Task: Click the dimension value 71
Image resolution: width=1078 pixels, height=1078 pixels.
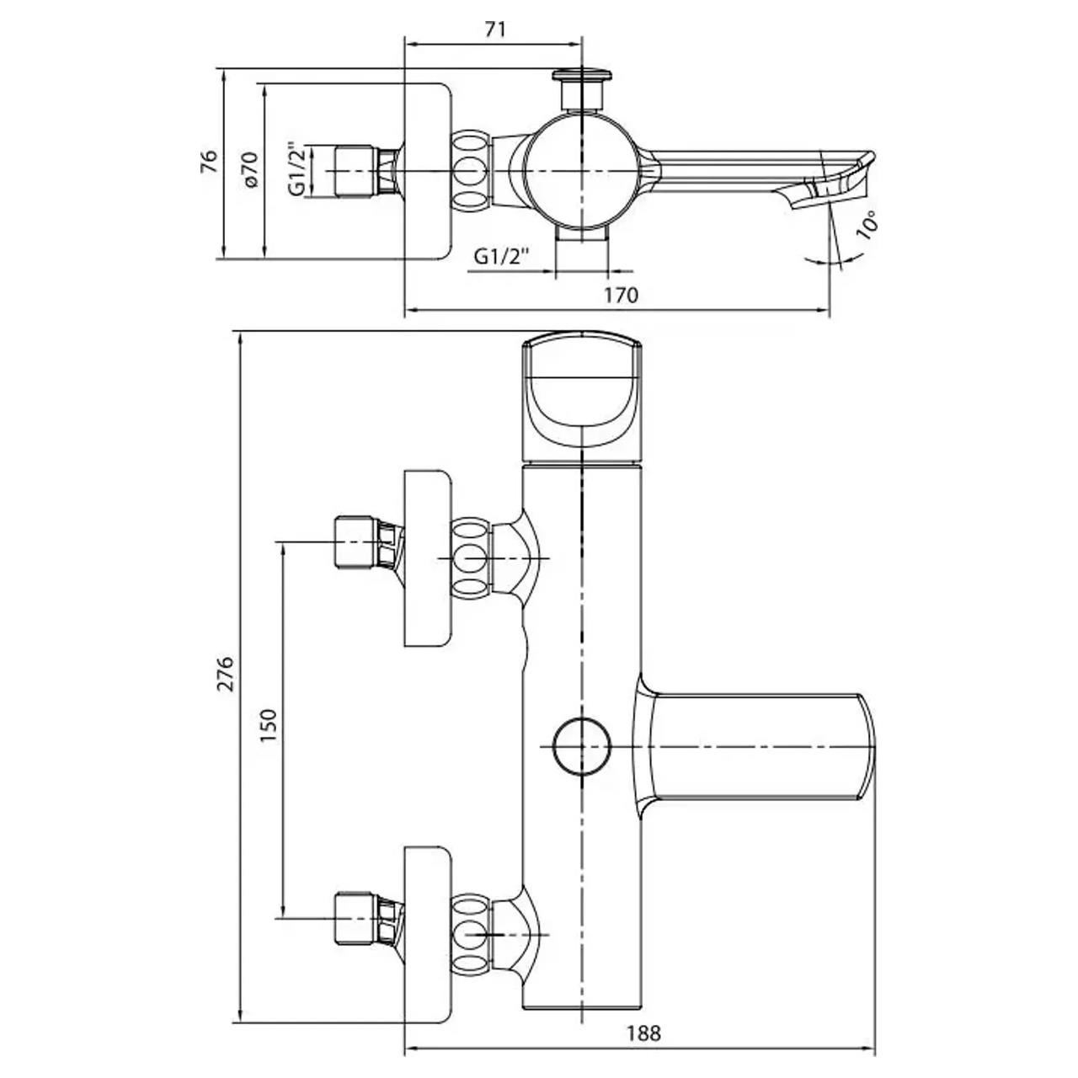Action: [x=494, y=29]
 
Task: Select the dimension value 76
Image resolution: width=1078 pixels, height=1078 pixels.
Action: [x=209, y=163]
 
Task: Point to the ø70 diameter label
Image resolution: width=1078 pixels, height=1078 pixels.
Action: [x=250, y=168]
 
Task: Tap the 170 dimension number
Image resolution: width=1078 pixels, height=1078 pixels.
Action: [x=622, y=295]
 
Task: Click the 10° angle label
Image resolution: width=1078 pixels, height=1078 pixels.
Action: [x=867, y=225]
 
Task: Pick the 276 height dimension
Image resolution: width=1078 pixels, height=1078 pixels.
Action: [x=226, y=674]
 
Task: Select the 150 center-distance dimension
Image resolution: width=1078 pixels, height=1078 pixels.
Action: [x=269, y=726]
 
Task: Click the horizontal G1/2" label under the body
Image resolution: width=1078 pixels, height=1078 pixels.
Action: [x=501, y=257]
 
